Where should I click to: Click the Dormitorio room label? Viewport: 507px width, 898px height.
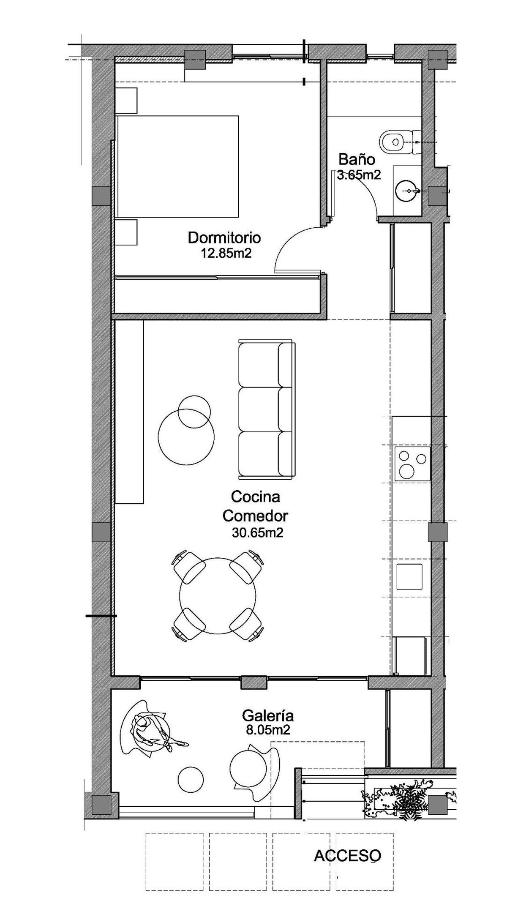click(x=224, y=238)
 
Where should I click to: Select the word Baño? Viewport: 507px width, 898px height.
click(x=357, y=159)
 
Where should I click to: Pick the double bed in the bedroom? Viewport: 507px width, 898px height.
click(x=177, y=166)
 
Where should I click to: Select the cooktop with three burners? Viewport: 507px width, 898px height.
click(x=412, y=464)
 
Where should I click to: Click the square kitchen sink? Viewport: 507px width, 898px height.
click(x=409, y=576)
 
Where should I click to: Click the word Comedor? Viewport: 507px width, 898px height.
click(x=255, y=516)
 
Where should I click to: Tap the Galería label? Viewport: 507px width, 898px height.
click(x=267, y=715)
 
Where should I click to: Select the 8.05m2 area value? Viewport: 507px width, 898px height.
click(x=268, y=730)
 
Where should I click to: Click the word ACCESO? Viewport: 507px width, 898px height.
click(x=347, y=856)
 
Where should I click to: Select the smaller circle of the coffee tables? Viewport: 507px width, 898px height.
click(x=194, y=411)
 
